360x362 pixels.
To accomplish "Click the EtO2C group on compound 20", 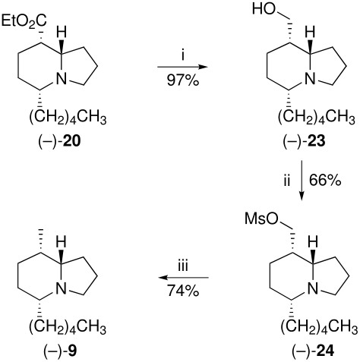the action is tap(24, 21).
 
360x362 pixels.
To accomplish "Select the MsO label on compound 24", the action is tap(261, 219).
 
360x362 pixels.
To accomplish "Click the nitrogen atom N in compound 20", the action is tap(61, 79).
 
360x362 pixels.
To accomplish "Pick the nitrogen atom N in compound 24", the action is tap(312, 288).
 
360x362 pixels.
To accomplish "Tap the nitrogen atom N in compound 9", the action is tap(61, 288).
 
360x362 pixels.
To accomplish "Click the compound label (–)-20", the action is tap(59, 142).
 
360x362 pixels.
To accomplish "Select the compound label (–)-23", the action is tap(304, 142).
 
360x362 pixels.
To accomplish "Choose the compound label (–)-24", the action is tap(313, 351).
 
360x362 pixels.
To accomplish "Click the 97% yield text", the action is tap(183, 81).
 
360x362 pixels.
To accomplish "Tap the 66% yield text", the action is tap(325, 181).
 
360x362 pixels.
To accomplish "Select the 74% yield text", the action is tap(183, 291).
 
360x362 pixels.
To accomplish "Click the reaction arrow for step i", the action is tap(182, 67).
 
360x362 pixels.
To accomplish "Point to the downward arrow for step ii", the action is tap(302, 181).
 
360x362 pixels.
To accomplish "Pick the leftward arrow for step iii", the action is tap(183, 278).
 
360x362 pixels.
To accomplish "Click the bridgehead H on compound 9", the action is tap(61, 242).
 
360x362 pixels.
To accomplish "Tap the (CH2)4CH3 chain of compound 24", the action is tap(319, 328).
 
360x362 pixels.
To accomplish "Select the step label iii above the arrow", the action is tap(183, 266).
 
